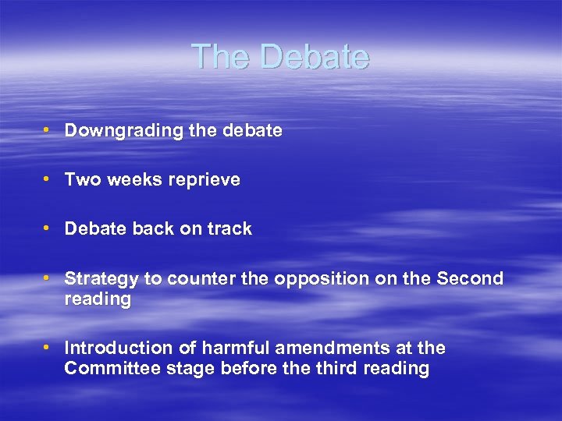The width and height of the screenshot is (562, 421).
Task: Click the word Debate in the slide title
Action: pyautogui.click(x=314, y=57)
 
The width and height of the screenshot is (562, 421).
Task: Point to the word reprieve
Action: pyautogui.click(x=206, y=180)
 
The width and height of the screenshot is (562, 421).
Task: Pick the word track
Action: pyautogui.click(x=229, y=228)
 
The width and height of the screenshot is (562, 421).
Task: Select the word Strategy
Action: pyautogui.click(x=98, y=278)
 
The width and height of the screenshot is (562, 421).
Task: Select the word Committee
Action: pyautogui.click(x=112, y=369)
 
